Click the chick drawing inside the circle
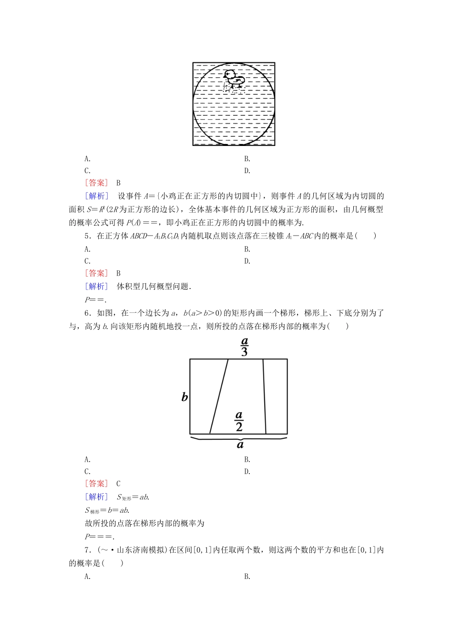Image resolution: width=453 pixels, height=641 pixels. coord(234,80)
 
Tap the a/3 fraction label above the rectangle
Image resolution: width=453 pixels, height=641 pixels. coord(244,347)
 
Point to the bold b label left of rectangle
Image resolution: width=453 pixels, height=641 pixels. coord(185,397)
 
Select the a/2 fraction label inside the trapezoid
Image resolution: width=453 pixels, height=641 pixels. coord(239,421)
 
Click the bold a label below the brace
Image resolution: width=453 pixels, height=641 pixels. coord(240,445)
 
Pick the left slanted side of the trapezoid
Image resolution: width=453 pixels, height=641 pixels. coord(219,396)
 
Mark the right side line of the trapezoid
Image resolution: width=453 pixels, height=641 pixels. coord(264,396)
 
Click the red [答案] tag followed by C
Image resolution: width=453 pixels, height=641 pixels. coord(96,484)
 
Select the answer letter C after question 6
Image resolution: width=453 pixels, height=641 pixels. coord(118,484)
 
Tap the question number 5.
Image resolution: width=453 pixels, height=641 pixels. coord(88,236)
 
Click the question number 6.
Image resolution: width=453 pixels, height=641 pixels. coord(88,313)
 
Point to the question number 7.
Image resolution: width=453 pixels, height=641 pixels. coord(88,550)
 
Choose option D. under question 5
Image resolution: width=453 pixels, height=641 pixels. coord(247,261)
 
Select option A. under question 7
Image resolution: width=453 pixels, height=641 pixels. coord(87,576)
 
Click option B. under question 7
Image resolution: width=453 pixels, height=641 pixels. coord(247,576)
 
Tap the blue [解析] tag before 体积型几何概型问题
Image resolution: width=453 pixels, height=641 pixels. coord(96,286)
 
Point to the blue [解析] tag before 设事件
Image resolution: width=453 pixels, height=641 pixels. coord(96,196)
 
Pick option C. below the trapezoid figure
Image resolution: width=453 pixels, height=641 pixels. coord(87,472)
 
